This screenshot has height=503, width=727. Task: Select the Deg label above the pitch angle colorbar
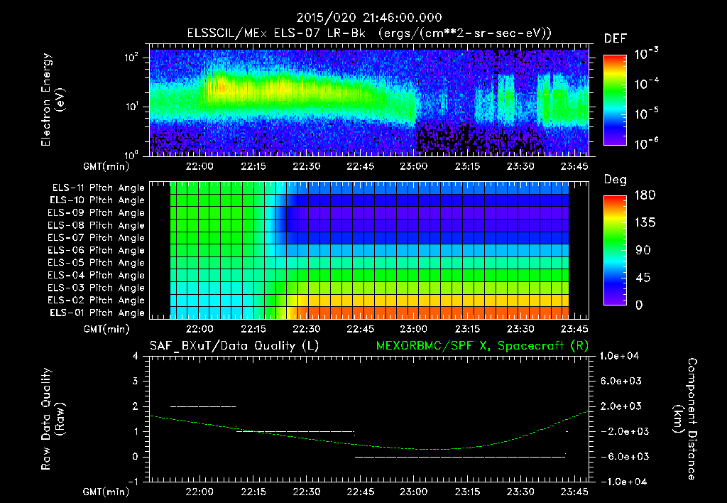[615, 180]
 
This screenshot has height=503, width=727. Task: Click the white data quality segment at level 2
[203, 406]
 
